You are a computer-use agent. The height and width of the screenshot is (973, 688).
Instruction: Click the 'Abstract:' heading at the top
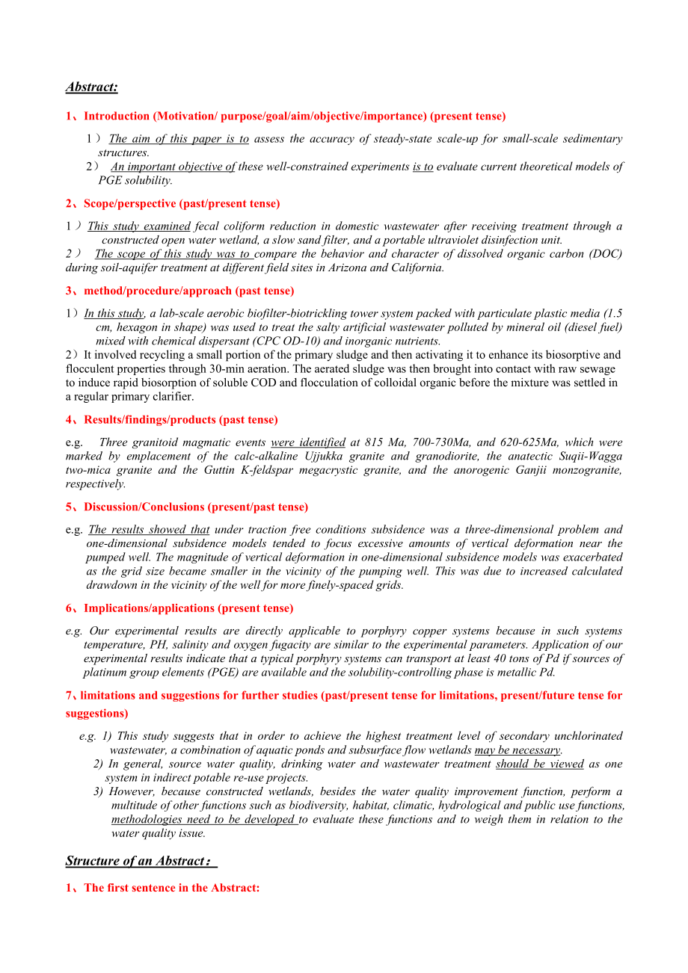(91, 87)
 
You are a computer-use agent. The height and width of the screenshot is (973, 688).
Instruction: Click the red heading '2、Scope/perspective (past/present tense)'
(173, 203)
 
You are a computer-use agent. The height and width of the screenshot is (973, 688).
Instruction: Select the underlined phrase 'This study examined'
(139, 226)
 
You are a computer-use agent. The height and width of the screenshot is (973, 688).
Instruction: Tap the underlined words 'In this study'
(114, 313)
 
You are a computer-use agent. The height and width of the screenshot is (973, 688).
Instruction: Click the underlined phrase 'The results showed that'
(149, 529)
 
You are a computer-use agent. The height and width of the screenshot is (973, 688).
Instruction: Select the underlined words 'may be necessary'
(517, 750)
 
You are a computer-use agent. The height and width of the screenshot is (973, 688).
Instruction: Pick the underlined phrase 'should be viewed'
(539, 764)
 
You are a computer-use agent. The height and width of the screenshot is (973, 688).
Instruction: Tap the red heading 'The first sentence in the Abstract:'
(172, 888)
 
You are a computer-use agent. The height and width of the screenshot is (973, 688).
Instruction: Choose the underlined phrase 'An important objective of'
(173, 167)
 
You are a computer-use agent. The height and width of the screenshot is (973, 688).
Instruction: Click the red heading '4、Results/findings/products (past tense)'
(171, 419)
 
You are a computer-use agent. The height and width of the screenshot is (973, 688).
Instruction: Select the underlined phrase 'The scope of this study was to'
(173, 253)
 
